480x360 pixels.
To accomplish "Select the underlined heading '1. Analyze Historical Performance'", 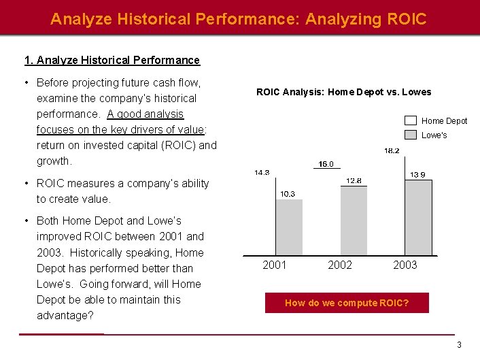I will click(x=112, y=60).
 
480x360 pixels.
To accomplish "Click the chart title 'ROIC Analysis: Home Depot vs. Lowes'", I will click(x=343, y=92).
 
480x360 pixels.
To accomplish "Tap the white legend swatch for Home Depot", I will click(x=411, y=120).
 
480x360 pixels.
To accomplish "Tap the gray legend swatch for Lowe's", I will click(x=411, y=135).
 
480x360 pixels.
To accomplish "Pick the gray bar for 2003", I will click(x=418, y=217).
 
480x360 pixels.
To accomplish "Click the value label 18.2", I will click(x=392, y=150).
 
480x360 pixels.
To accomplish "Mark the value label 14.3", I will click(x=262, y=173).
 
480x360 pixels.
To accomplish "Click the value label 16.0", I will click(x=326, y=164).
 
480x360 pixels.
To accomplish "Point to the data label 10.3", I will click(x=288, y=194).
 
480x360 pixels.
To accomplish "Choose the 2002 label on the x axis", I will click(x=340, y=265).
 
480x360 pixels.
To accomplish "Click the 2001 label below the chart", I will click(x=275, y=265).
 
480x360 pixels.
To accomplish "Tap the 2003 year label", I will click(x=405, y=265).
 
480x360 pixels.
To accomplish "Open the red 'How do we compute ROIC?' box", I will click(x=347, y=303).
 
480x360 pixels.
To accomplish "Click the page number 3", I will click(x=459, y=345).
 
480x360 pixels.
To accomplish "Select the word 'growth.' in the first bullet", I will click(x=54, y=161).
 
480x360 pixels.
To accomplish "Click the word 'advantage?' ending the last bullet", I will click(x=65, y=315).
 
